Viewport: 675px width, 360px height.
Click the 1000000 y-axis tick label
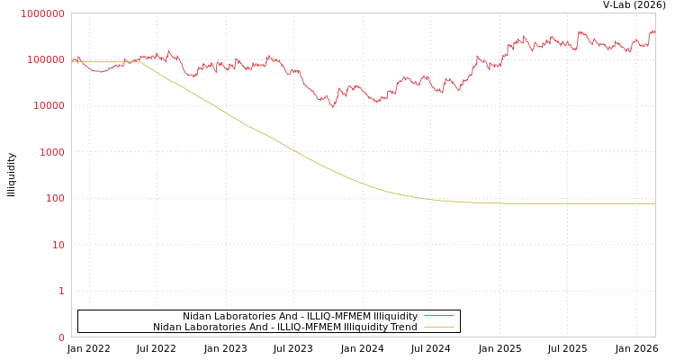coord(43,13)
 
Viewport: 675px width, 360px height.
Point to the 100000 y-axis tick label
coord(46,59)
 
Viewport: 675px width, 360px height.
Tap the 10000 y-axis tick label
coord(49,106)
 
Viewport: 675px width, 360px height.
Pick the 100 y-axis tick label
coord(55,198)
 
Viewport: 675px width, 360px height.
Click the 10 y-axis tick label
coord(58,245)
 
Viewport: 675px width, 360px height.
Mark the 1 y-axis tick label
coord(62,291)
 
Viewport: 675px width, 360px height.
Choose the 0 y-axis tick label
coord(62,337)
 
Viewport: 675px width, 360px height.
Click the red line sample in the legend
coord(438,316)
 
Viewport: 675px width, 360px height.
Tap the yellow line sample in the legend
coord(438,327)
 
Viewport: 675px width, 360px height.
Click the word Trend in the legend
coord(403,327)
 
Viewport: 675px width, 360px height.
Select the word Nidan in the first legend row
coord(197,316)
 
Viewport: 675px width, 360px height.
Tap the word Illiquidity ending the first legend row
coord(396,316)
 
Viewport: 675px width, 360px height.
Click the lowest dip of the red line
coord(333,107)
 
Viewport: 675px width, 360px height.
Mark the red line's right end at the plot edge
coord(654,32)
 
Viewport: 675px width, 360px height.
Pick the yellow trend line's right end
coord(654,203)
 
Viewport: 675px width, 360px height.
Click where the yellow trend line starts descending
coord(139,61)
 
